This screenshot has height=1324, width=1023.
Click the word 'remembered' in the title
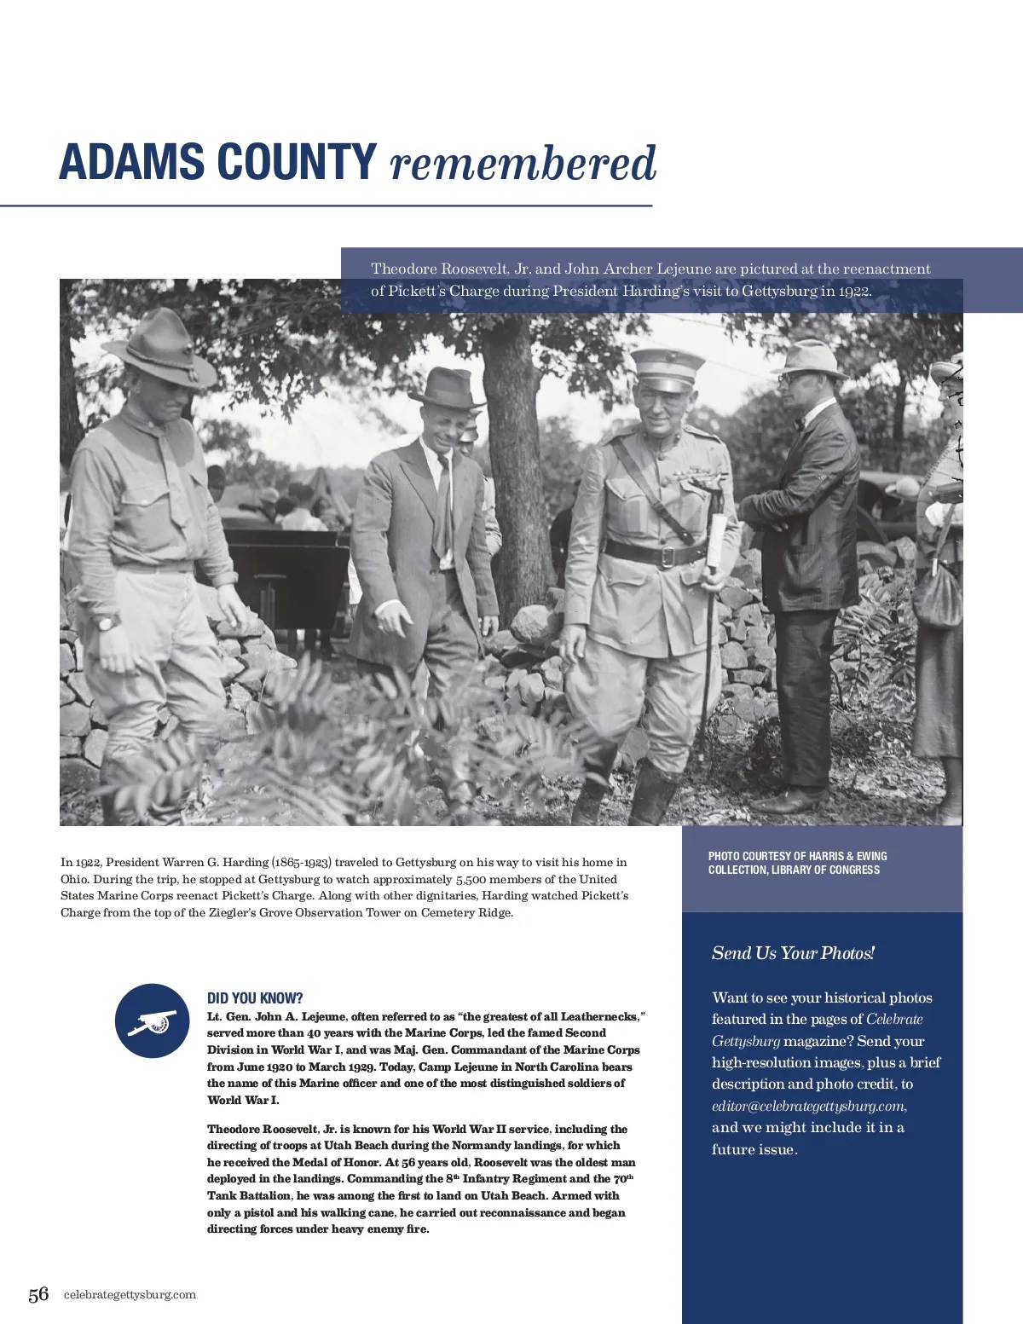point(523,164)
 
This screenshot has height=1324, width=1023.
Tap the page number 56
point(38,1294)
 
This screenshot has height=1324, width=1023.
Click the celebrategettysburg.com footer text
point(130,1294)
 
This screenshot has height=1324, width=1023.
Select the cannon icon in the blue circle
point(153,1021)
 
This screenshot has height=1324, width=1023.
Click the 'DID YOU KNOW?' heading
point(255,998)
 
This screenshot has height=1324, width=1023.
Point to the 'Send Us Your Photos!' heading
point(793,953)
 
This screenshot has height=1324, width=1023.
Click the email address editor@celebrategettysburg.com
point(808,1106)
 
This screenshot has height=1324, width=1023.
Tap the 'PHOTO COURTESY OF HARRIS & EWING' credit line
point(797,856)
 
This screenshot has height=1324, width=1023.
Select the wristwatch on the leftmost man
point(105,622)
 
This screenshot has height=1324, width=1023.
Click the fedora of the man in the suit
point(445,389)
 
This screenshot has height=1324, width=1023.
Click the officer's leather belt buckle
point(669,557)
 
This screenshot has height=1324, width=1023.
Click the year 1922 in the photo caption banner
point(853,291)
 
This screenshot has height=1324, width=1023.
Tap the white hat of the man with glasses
point(811,357)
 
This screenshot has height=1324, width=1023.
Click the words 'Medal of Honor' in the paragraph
point(337,1162)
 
